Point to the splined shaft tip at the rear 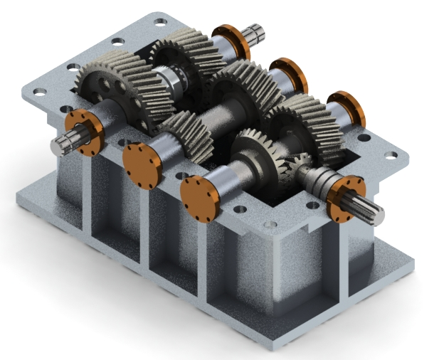(x=255, y=33)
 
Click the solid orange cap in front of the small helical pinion (x=139, y=166)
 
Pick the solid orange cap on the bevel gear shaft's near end (x=199, y=194)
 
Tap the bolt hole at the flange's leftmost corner (x=40, y=92)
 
